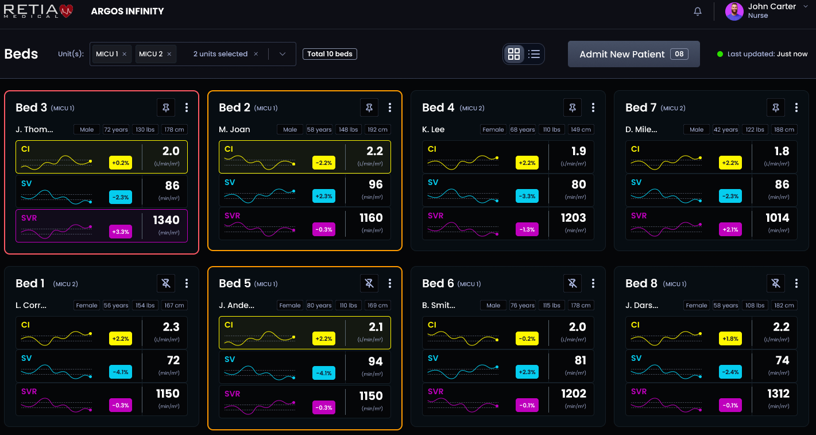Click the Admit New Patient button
coord(633,54)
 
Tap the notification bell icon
coord(698,11)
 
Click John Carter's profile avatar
coord(734,11)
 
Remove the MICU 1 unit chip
coord(125,54)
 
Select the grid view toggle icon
coord(514,54)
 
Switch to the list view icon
coord(534,54)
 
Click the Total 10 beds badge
coord(330,54)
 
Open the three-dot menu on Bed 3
coord(187,107)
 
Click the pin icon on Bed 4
coord(572,107)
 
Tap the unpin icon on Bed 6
coord(572,283)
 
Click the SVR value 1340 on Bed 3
coord(166,220)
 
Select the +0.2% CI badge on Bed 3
coord(121,163)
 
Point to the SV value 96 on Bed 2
coord(375,185)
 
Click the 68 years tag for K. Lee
coord(523,130)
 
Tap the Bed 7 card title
coord(640,107)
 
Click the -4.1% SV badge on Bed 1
coord(121,372)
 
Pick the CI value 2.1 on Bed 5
coord(375,328)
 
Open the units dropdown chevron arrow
coord(282,54)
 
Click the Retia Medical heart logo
coord(67,11)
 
